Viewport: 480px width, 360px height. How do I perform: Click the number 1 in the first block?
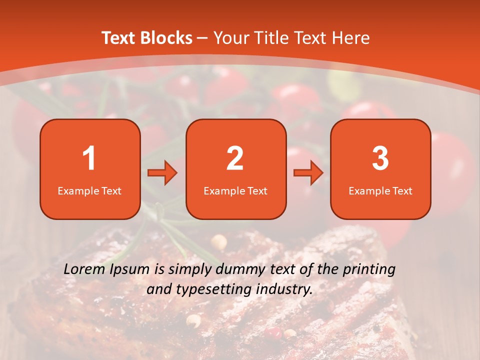point(89,158)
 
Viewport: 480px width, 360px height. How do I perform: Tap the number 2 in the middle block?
point(235,158)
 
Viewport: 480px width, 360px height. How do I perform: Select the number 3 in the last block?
point(380,158)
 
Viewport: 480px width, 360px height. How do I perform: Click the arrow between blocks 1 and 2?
point(162,173)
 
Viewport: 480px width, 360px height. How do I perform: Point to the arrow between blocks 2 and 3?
point(308,173)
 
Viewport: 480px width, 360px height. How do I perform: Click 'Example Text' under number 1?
point(89,191)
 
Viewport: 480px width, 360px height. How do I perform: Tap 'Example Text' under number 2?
point(235,191)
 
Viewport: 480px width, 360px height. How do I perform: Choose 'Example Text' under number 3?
point(380,191)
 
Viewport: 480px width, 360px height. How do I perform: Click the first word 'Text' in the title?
point(118,38)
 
